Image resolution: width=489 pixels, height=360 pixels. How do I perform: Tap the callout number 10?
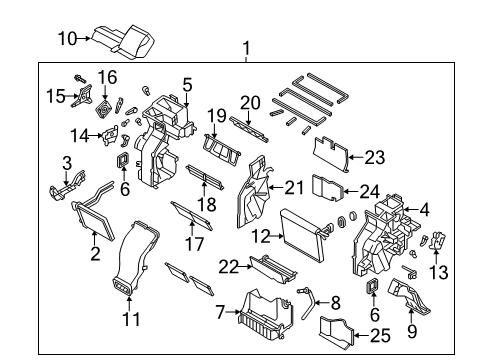pos(66,39)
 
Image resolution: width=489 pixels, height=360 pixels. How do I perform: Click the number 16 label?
pos(107,77)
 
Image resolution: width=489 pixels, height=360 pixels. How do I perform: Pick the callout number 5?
pos(186,85)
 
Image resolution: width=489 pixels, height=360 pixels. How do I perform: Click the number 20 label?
pos(248,103)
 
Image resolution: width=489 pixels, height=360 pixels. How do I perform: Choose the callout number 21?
pos(294,187)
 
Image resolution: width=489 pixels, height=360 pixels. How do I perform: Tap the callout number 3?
pos(67,163)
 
